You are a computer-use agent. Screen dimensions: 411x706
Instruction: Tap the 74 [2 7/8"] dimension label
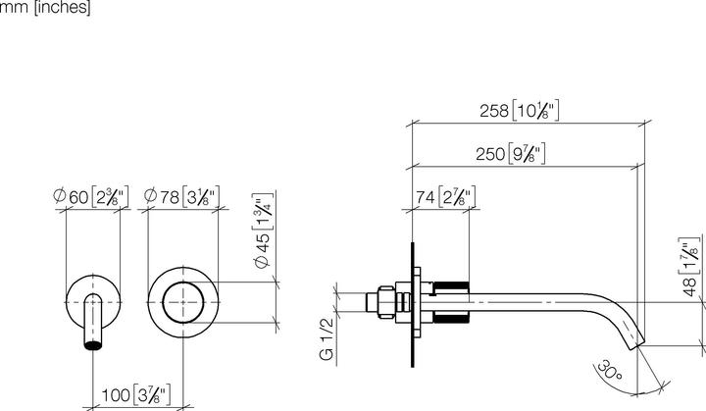442,197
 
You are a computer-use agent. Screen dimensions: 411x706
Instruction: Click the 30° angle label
606,373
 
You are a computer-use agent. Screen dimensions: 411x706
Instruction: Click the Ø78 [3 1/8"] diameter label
182,196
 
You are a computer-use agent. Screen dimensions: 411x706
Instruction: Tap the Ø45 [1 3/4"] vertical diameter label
263,238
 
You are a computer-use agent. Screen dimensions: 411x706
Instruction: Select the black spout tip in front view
92,343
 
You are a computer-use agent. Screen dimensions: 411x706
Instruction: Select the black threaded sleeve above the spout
451,286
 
